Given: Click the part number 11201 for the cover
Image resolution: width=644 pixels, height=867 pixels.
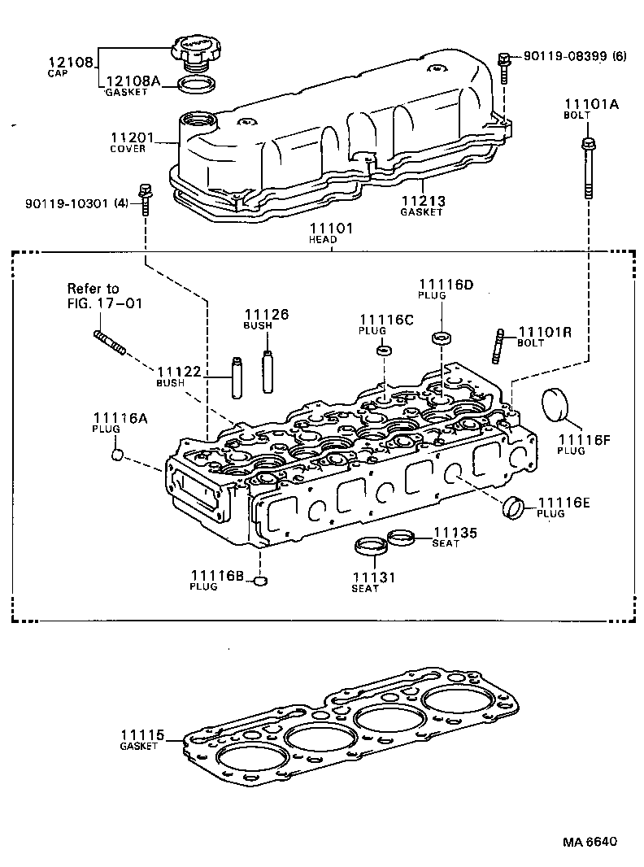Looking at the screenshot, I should (128, 138).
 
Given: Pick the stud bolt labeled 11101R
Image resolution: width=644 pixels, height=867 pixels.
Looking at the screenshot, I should (498, 346).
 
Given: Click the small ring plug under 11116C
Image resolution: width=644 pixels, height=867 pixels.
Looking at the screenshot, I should (385, 351).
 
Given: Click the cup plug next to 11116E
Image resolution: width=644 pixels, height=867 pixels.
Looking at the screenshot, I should (513, 508).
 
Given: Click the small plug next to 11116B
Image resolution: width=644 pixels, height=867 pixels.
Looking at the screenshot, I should (260, 581).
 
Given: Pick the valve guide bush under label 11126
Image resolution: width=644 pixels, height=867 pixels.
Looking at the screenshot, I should (266, 369).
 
